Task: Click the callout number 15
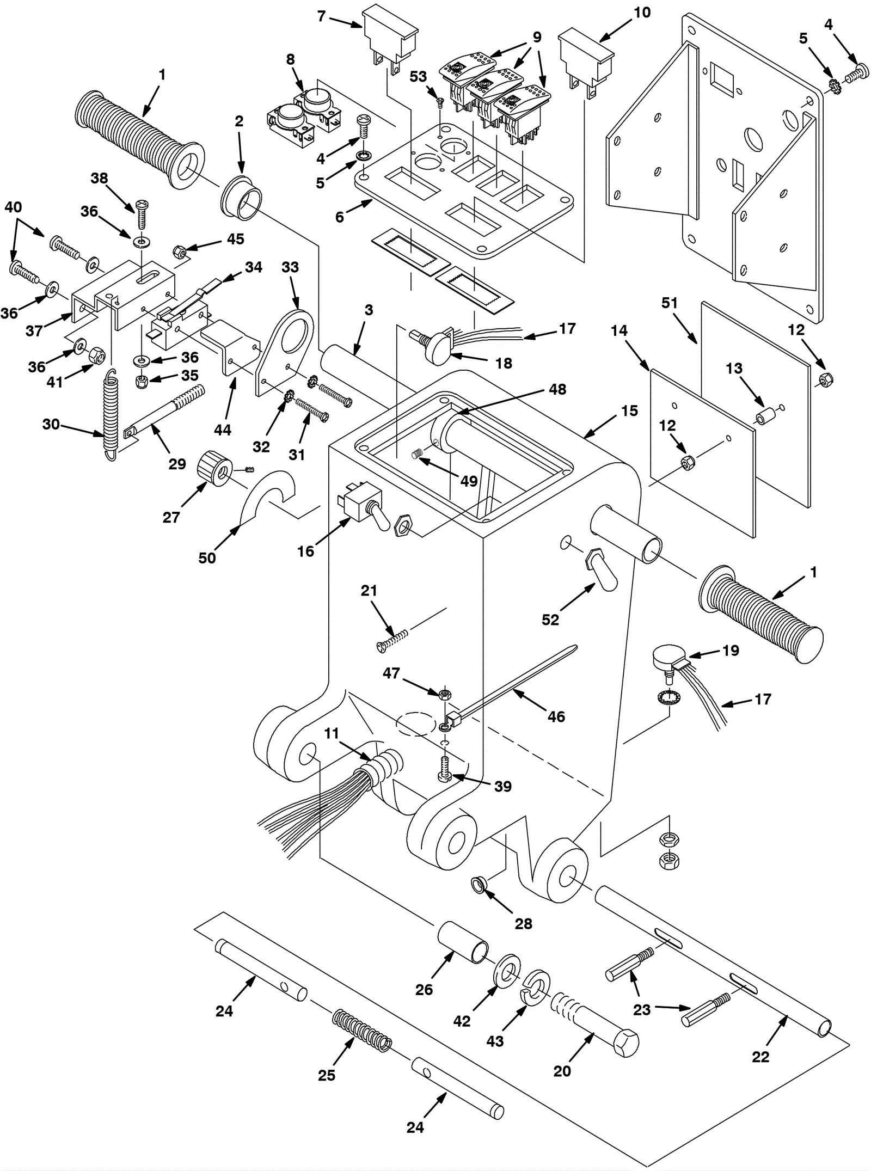[x=629, y=411]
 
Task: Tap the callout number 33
[x=290, y=267]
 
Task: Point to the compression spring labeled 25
[x=363, y=1027]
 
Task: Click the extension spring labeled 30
[x=111, y=415]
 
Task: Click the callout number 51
[x=670, y=303]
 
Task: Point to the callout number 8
[x=290, y=59]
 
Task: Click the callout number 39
[x=503, y=786]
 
